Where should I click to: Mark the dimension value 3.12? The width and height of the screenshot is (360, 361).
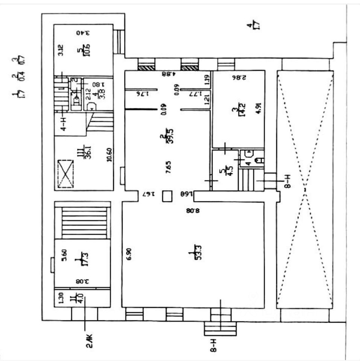[60, 50]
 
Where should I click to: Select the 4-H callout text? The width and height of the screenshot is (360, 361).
[64, 124]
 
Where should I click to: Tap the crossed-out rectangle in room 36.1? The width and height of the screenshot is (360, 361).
[65, 174]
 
